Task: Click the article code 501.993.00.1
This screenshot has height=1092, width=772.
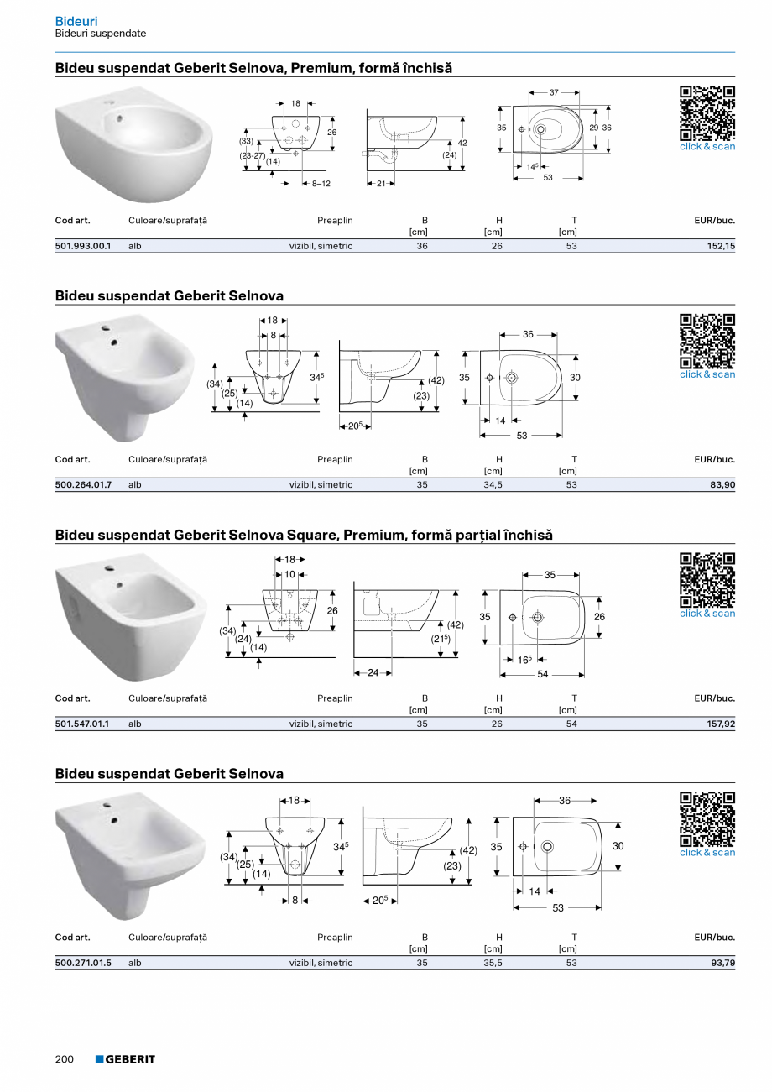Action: (82, 246)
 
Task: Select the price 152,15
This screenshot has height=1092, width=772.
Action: (721, 246)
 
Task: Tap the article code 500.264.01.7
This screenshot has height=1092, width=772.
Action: (83, 485)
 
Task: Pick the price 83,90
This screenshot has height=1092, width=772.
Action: (722, 485)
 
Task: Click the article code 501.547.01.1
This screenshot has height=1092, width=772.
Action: (82, 724)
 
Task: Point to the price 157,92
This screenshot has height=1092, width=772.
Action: (721, 724)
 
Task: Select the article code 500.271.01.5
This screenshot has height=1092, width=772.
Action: (83, 963)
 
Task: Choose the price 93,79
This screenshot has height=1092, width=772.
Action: (722, 963)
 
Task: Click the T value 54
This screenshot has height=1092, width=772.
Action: (571, 724)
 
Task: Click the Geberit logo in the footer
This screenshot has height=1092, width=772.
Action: (125, 1059)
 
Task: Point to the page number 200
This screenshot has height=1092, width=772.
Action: (65, 1059)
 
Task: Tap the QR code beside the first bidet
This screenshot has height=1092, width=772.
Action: (707, 113)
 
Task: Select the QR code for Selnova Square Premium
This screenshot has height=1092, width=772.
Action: (707, 580)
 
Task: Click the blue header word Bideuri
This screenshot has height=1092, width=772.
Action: (76, 20)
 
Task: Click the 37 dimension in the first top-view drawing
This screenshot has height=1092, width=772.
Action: (554, 92)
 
